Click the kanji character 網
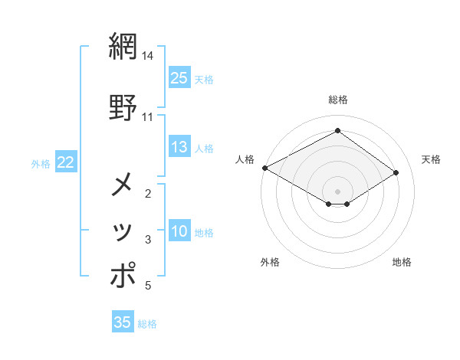tap(123, 47)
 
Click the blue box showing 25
tap(179, 78)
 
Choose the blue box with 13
tap(179, 148)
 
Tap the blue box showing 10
tap(179, 232)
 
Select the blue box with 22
tap(65, 162)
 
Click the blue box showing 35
tap(123, 322)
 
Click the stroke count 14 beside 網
tap(148, 56)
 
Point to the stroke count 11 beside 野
tap(148, 117)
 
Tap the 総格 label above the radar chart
tap(337, 100)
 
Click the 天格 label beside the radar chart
tap(431, 159)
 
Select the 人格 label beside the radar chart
tap(245, 159)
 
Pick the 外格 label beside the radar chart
tap(270, 262)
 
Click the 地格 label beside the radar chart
tap(402, 262)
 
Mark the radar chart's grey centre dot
tap(337, 191)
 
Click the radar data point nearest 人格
tap(264, 168)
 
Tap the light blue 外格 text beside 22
tap(41, 163)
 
